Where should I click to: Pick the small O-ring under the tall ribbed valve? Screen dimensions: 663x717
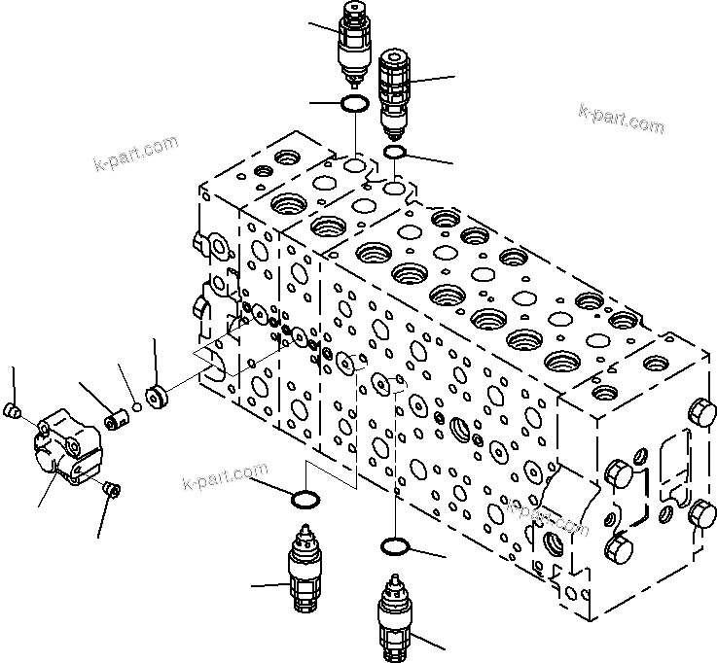pos(395,152)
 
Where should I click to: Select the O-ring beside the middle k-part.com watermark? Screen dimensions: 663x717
pos(305,499)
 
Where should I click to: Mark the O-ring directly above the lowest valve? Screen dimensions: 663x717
pos(394,546)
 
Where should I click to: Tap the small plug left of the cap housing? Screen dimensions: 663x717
pos(13,412)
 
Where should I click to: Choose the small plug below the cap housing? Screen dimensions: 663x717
pos(109,488)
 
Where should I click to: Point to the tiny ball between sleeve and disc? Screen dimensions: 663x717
pos(138,408)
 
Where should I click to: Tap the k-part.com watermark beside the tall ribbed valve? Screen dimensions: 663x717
pos(621,119)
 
